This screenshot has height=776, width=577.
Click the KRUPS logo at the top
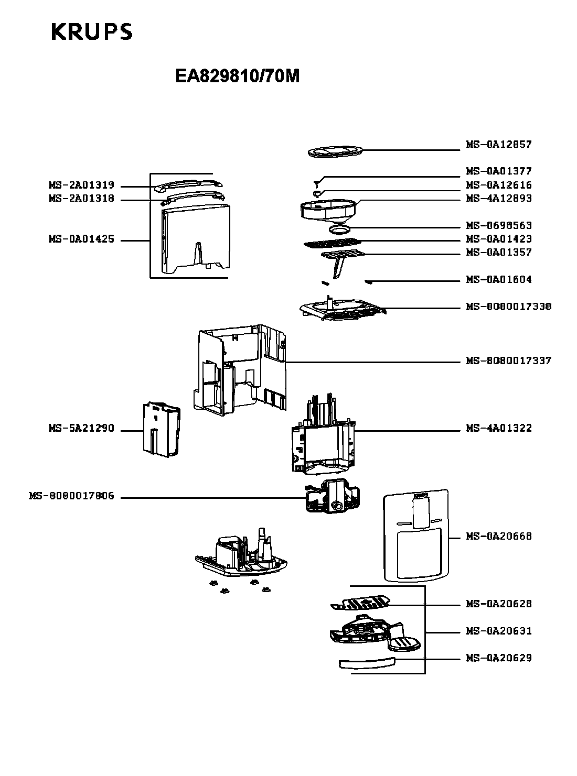92,32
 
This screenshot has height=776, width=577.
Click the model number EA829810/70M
238,76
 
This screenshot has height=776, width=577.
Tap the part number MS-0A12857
498,144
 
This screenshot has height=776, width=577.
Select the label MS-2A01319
81,185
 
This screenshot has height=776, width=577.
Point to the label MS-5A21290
81,428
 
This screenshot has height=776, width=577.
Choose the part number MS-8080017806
71,496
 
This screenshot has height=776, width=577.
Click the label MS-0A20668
498,536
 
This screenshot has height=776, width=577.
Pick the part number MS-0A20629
498,658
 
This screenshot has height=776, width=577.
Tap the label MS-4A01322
498,428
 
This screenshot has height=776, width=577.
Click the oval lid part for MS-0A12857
335,151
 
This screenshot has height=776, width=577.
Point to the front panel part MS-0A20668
416,535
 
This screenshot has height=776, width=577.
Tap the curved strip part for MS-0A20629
367,663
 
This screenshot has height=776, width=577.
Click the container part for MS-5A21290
162,429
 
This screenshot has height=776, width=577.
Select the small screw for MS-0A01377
317,183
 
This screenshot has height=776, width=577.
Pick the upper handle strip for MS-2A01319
188,185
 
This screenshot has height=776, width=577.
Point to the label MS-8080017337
508,360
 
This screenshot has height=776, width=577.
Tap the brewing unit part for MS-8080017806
333,496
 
